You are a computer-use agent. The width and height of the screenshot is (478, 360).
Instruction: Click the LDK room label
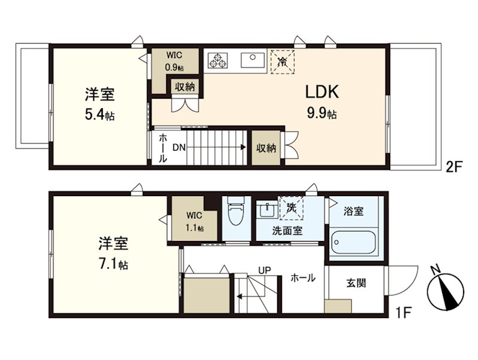pyautogui.click(x=323, y=92)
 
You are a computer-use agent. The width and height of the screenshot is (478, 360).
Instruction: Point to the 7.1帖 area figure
pyautogui.click(x=114, y=264)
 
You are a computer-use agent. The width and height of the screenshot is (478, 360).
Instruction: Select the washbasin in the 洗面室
pyautogui.click(x=266, y=211)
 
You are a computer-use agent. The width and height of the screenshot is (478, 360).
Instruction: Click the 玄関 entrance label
pyautogui.click(x=357, y=283)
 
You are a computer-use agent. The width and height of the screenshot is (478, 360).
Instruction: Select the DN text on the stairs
pyautogui.click(x=179, y=147)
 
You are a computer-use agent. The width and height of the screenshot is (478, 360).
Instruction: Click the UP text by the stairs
pyautogui.click(x=265, y=270)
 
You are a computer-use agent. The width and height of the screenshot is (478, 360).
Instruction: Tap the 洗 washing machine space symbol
pyautogui.click(x=292, y=208)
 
